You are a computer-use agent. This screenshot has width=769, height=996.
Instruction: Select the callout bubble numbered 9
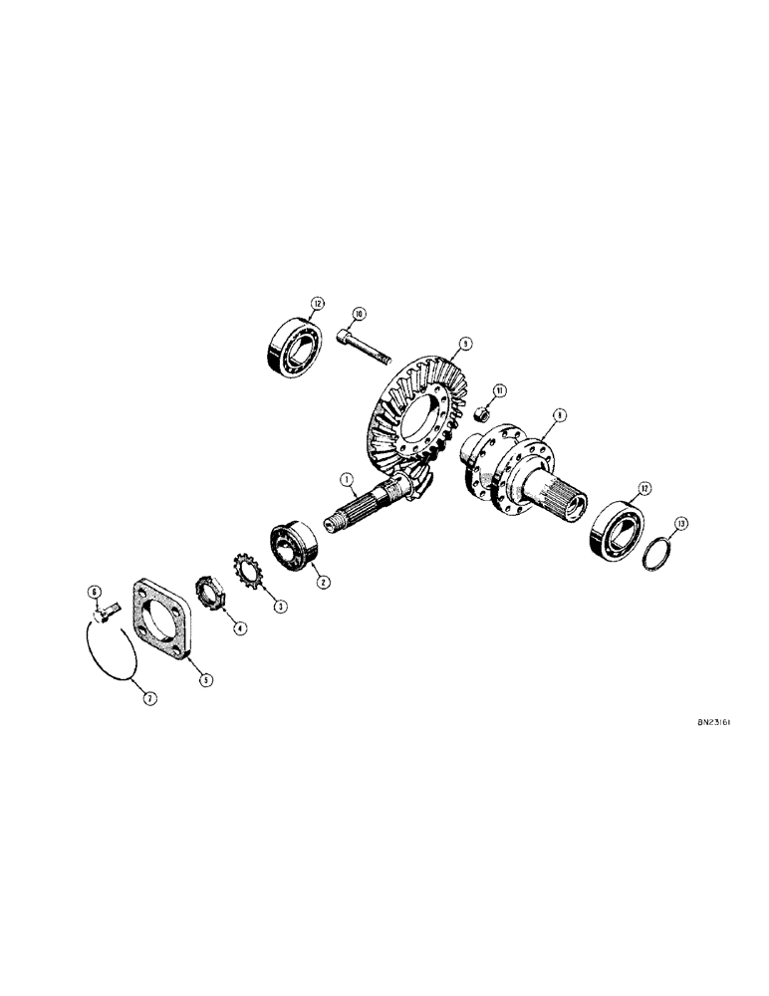point(463,344)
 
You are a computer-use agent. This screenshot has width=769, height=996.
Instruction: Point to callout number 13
point(680,523)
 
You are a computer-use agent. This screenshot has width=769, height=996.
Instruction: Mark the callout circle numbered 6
point(96,593)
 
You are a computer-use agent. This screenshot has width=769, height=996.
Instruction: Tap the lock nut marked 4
point(215,598)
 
